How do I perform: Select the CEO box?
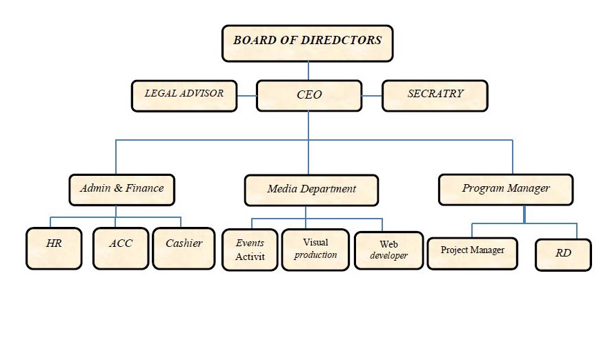(308, 95)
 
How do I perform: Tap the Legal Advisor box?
(184, 95)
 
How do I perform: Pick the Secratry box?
(435, 95)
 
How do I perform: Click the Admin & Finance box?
(121, 189)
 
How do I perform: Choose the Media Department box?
(311, 190)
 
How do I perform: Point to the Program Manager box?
(506, 189)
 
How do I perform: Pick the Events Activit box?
(250, 250)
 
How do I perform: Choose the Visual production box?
(315, 249)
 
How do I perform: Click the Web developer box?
(388, 250)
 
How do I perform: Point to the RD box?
(563, 254)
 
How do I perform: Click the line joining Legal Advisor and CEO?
(246, 95)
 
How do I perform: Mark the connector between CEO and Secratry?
(372, 95)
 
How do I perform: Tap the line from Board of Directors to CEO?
(308, 70)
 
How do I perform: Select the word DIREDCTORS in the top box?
(341, 40)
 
